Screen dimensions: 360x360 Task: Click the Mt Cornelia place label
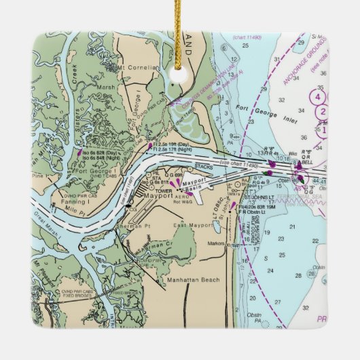[x=137, y=68]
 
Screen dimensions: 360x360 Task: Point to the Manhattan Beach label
[x=183, y=279]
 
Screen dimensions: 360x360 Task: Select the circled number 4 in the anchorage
[x=317, y=96]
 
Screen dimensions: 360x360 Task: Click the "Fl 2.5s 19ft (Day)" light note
[x=174, y=145]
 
